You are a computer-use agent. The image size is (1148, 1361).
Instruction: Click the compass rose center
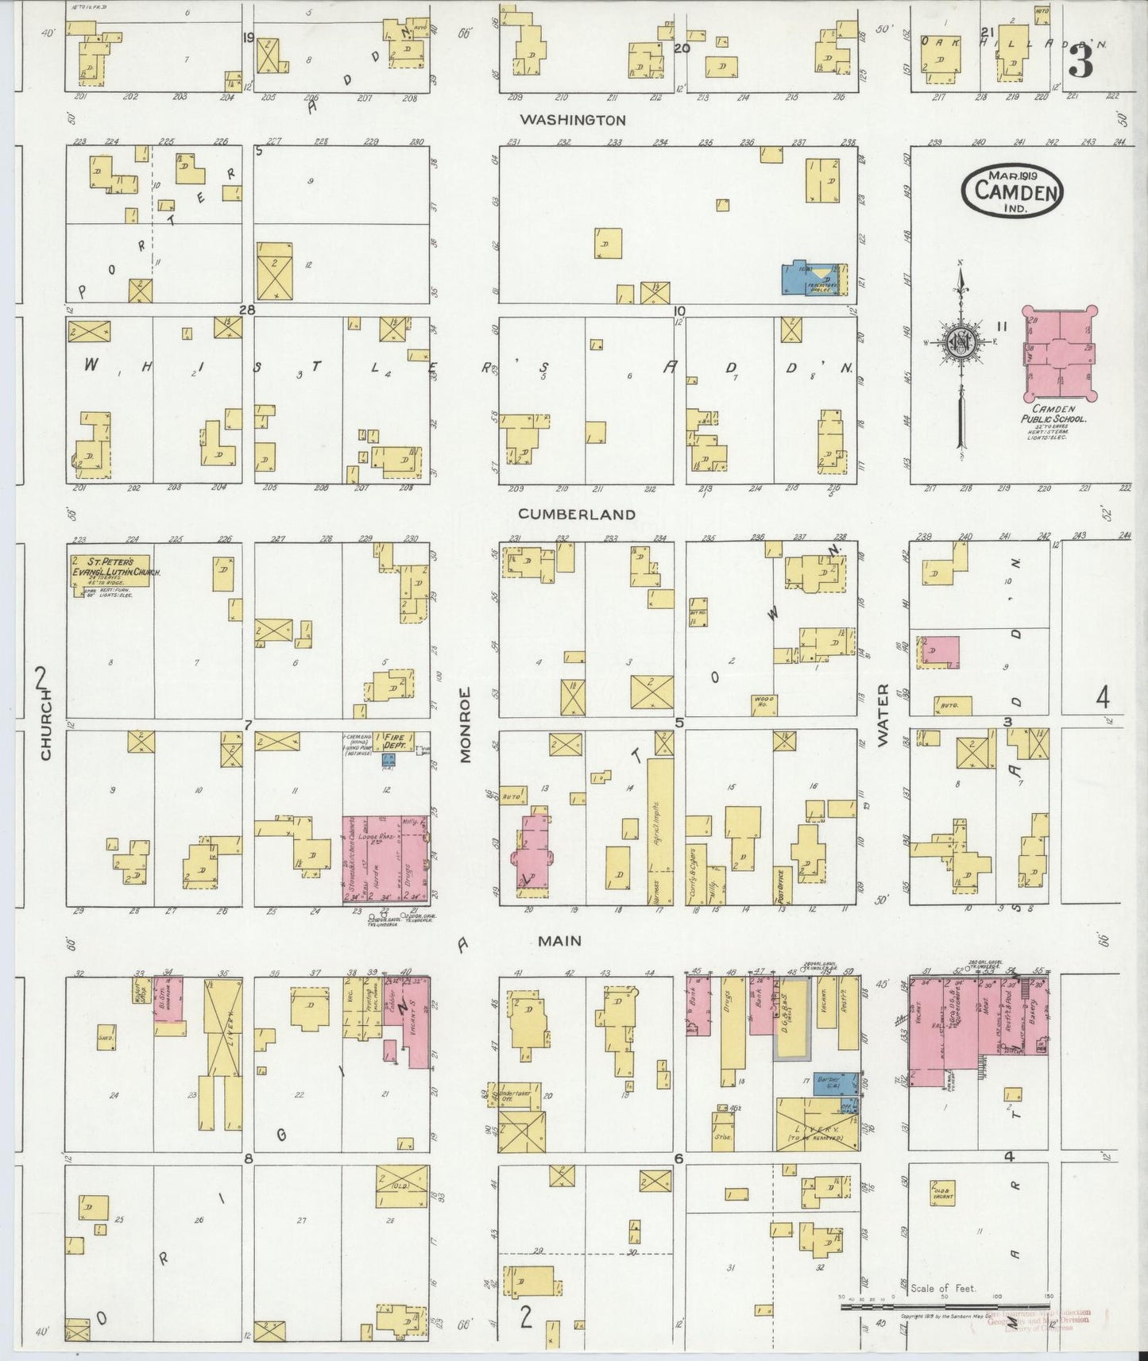(961, 343)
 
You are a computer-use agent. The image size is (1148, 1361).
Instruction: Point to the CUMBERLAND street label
(577, 514)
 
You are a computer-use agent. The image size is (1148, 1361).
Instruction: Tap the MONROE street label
(466, 724)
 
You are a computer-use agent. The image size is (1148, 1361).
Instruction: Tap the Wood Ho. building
(763, 701)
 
